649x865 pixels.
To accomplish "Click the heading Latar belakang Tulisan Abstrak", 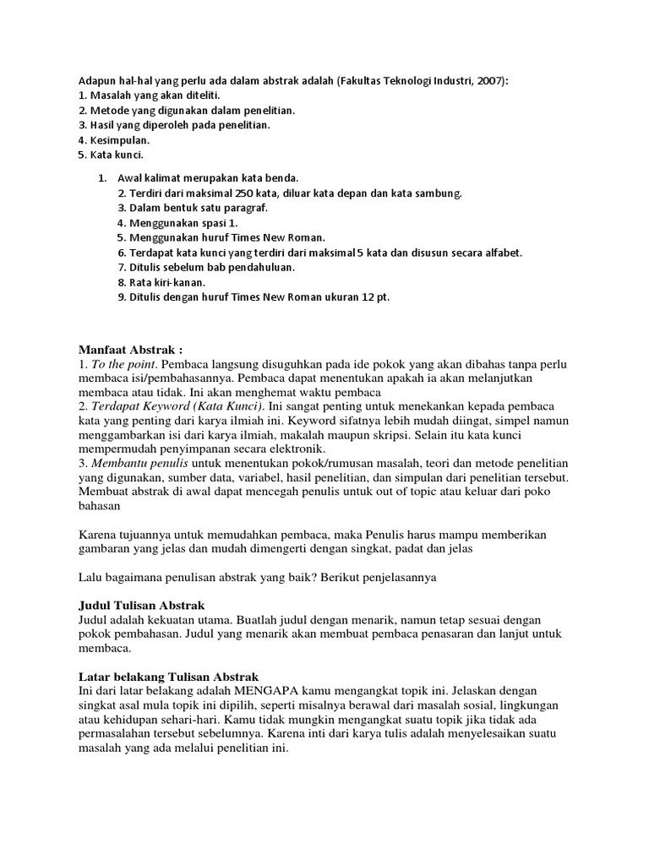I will (168, 676).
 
